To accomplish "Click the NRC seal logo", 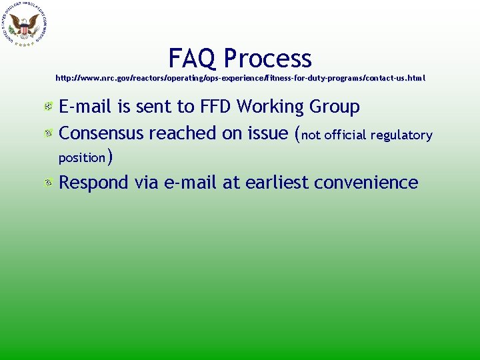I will pyautogui.click(x=25, y=26).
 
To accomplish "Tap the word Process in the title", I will pyautogui.click(x=268, y=59).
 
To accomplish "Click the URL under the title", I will pyautogui.click(x=240, y=78).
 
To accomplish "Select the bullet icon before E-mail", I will pyautogui.click(x=49, y=107).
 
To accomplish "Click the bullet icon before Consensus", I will pyautogui.click(x=49, y=134).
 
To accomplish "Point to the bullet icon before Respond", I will pyautogui.click(x=49, y=183).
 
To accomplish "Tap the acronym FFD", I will pyautogui.click(x=215, y=107).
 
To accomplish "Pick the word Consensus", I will pyautogui.click(x=101, y=133).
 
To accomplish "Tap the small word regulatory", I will pyautogui.click(x=401, y=135).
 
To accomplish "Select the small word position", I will pyautogui.click(x=83, y=159).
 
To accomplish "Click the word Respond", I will pyautogui.click(x=94, y=183).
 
